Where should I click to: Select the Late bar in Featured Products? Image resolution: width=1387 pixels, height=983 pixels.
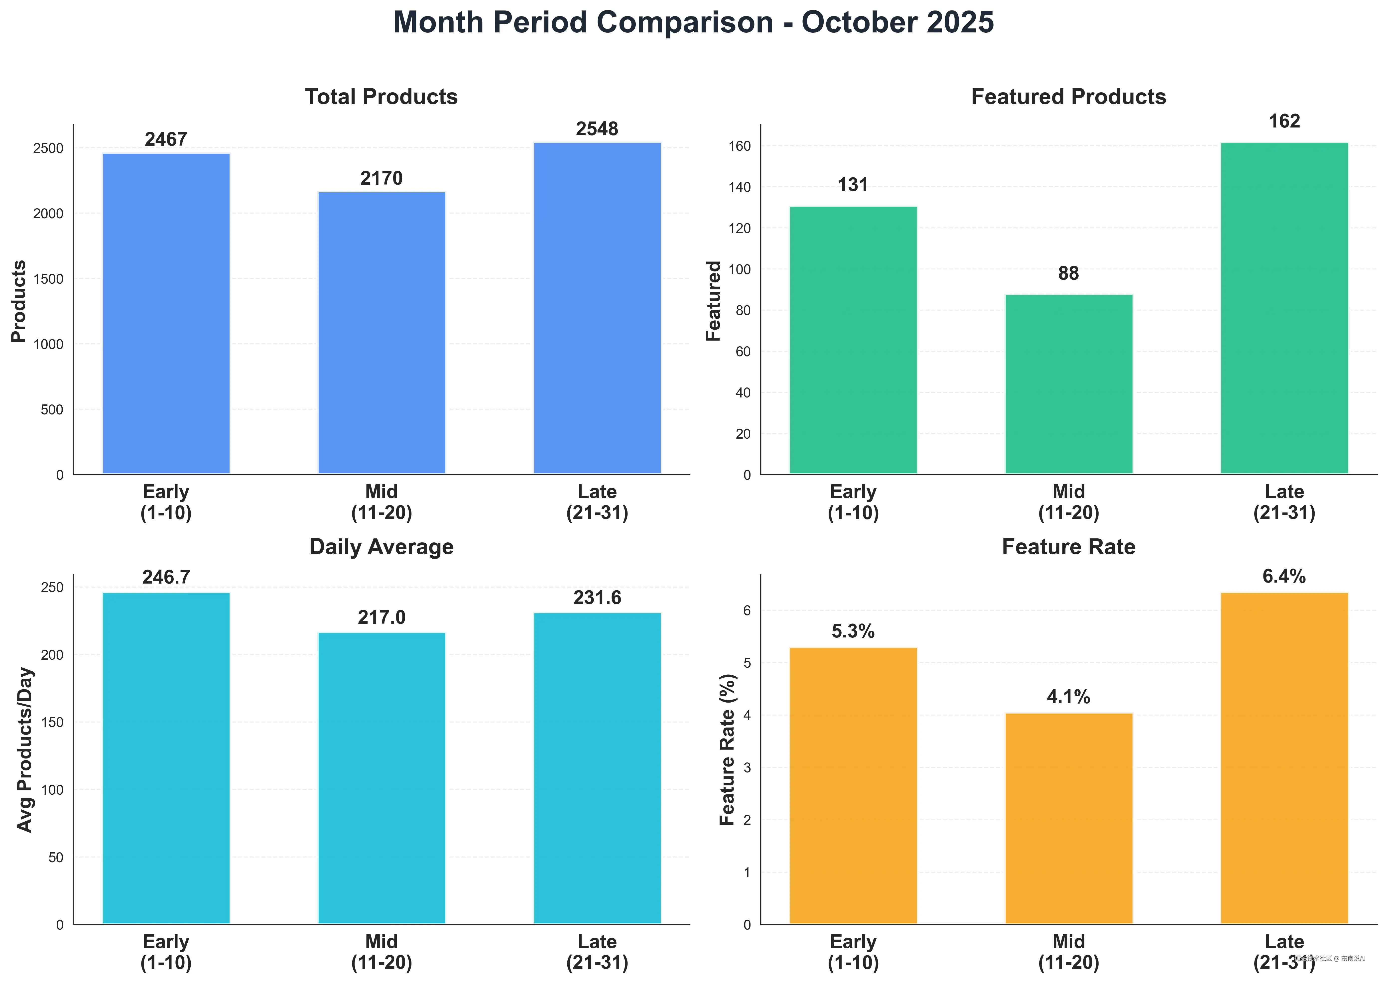click(1284, 309)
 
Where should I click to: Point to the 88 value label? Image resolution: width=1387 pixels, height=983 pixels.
click(1069, 274)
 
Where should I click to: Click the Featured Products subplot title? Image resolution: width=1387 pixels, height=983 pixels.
click(1069, 97)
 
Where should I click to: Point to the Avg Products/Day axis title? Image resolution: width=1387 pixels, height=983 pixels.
click(24, 749)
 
